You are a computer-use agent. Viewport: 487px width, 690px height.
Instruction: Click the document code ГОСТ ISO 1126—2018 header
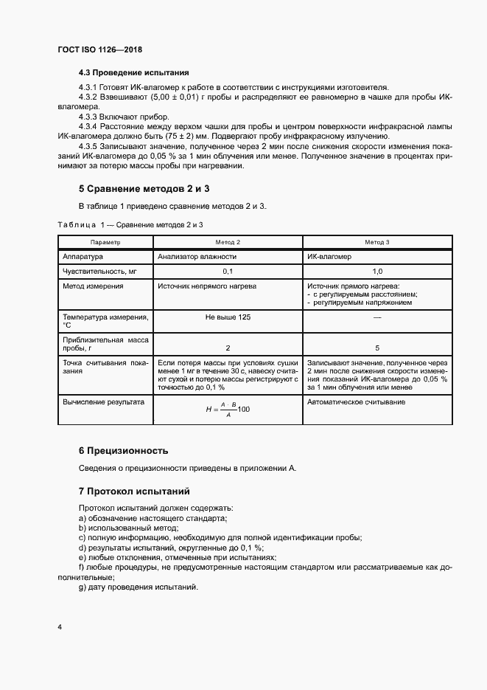[x=99, y=49]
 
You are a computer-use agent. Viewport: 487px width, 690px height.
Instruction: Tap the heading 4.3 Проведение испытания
[x=134, y=73]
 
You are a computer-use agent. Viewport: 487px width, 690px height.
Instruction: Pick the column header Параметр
[x=105, y=242]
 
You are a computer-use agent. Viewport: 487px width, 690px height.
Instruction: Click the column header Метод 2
[x=227, y=242]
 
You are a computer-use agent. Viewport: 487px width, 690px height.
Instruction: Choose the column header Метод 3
[x=376, y=242]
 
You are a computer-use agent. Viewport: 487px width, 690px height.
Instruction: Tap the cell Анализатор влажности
[x=197, y=257]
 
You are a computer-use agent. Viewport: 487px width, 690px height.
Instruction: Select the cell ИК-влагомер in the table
[x=329, y=257]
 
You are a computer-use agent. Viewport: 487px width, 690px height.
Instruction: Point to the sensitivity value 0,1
[x=227, y=272]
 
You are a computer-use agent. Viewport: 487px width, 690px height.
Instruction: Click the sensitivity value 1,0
[x=376, y=272]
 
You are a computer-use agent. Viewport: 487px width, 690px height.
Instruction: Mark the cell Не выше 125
[x=227, y=317]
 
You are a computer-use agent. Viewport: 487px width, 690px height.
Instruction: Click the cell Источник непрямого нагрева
[x=207, y=286]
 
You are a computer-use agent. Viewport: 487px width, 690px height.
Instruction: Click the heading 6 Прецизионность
[x=124, y=450]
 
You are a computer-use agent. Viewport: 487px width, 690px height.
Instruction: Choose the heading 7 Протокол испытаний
[x=134, y=491]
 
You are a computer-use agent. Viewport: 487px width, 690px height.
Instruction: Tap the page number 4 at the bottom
[x=59, y=627]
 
